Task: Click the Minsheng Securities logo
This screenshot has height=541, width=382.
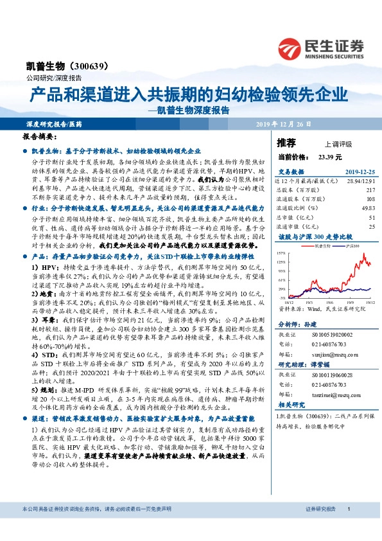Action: pyautogui.click(x=320, y=48)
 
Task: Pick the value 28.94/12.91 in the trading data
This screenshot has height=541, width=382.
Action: pyautogui.click(x=361, y=184)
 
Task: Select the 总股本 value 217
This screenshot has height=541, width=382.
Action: pyautogui.click(x=370, y=191)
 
